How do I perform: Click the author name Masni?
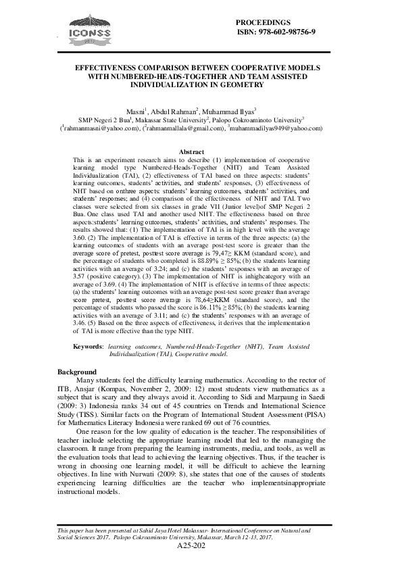(x=137, y=112)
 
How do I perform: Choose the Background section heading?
(x=76, y=372)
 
